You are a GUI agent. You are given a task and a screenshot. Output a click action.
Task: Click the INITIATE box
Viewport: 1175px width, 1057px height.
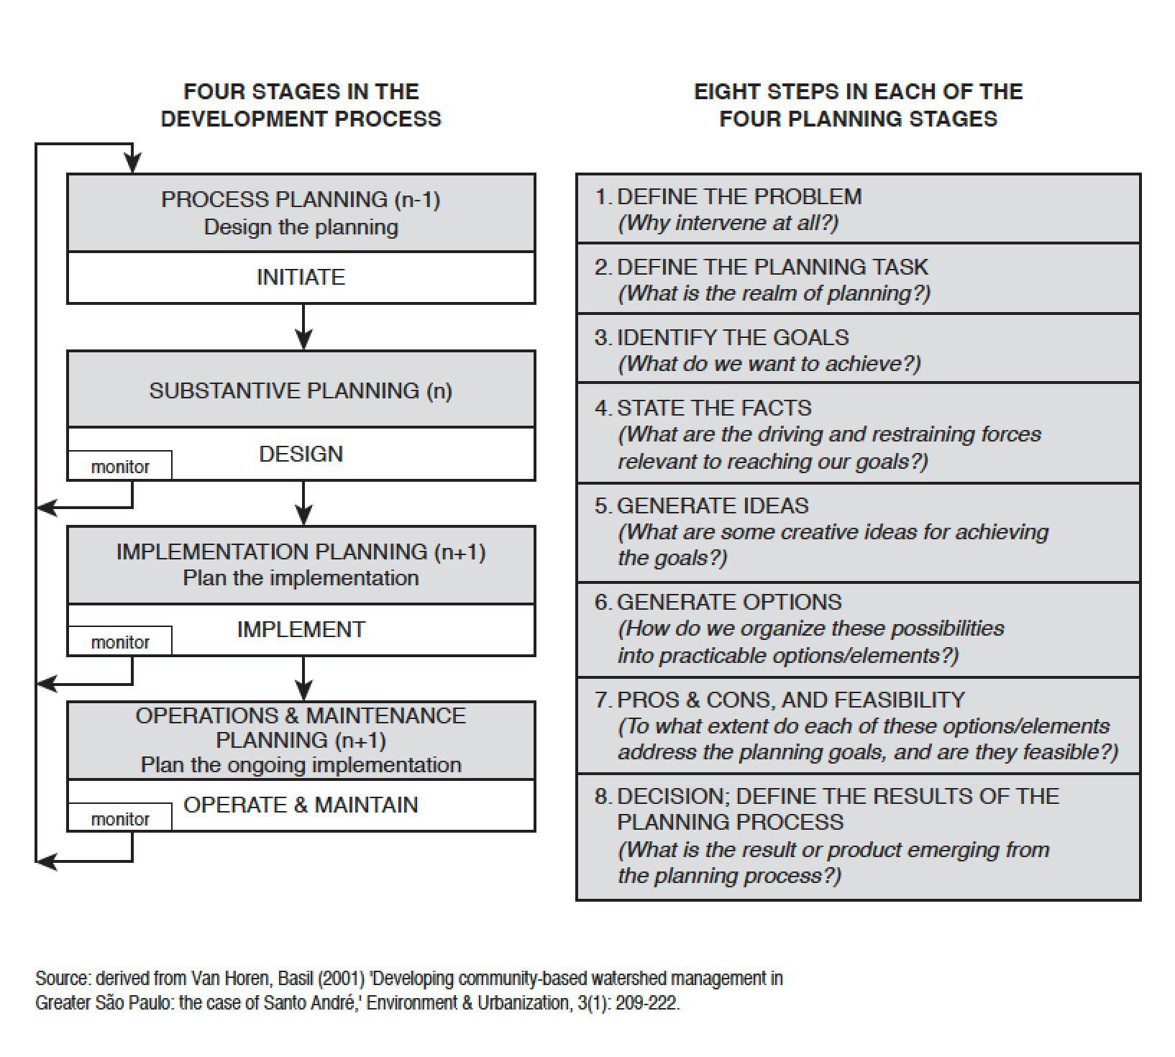point(301,278)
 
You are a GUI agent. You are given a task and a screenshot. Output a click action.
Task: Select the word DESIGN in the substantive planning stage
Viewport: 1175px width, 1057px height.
point(301,454)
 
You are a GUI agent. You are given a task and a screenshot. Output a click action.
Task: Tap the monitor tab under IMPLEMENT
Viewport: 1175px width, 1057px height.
point(120,641)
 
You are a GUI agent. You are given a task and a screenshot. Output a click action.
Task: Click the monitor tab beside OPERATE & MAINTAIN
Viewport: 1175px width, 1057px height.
point(120,818)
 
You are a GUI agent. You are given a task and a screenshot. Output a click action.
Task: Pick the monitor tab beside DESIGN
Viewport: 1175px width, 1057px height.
point(120,466)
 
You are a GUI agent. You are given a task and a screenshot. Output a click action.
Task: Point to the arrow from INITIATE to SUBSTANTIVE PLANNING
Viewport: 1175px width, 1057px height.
point(304,326)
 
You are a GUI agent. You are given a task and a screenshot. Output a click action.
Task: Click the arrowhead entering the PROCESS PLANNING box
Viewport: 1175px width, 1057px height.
point(132,165)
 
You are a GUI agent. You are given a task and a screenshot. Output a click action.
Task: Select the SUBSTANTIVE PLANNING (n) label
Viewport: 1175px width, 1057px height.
point(301,390)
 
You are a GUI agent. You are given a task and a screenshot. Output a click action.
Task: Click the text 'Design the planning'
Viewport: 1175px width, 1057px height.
point(301,227)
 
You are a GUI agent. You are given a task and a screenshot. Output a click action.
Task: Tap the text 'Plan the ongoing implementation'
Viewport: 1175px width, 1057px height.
point(301,764)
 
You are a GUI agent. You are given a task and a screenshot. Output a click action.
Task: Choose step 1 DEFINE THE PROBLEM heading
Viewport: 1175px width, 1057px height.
point(728,196)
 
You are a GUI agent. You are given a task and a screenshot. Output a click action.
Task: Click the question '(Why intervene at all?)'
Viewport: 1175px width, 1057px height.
point(728,223)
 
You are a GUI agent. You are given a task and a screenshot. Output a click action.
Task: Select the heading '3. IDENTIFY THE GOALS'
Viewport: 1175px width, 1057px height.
point(721,337)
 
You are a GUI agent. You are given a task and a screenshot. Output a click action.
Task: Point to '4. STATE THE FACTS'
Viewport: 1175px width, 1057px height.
point(703,408)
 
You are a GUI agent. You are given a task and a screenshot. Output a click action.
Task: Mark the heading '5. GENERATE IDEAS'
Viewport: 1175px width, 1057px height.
point(701,505)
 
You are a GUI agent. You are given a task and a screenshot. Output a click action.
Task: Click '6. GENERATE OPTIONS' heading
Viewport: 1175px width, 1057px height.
point(718,602)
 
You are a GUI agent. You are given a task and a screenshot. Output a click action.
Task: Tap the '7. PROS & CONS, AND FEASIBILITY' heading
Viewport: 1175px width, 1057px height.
point(779,700)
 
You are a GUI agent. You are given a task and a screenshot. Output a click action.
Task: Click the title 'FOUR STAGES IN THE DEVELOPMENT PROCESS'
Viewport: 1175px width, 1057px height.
point(301,105)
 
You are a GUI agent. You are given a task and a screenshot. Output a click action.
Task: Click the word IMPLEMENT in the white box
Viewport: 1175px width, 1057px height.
point(301,629)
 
